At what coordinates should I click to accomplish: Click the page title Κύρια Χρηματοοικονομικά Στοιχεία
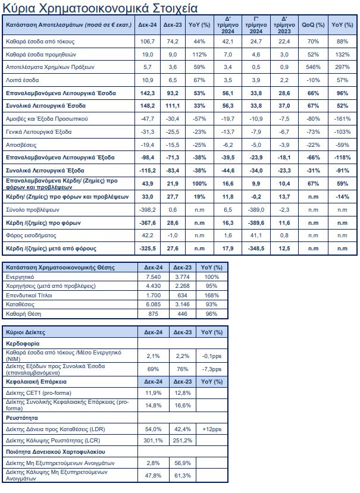101,9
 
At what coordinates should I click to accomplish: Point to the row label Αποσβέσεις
23,145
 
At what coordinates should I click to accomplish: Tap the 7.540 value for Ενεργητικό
151,277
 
